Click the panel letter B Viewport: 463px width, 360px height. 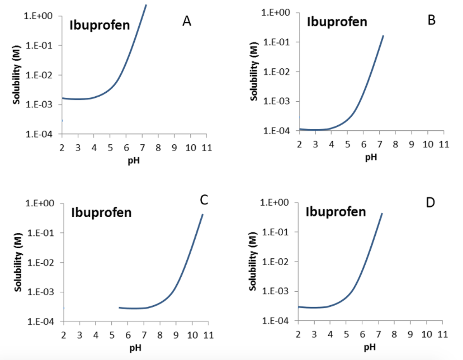pos(431,20)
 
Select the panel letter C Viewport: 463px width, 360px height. pos(204,199)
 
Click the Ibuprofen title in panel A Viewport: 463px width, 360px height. pos(99,25)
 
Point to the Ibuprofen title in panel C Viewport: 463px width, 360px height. pos(101,212)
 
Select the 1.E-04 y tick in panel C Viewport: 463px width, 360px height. pos(43,322)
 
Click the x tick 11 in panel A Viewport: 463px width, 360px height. pos(206,147)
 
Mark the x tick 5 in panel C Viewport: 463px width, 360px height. pos(112,335)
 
